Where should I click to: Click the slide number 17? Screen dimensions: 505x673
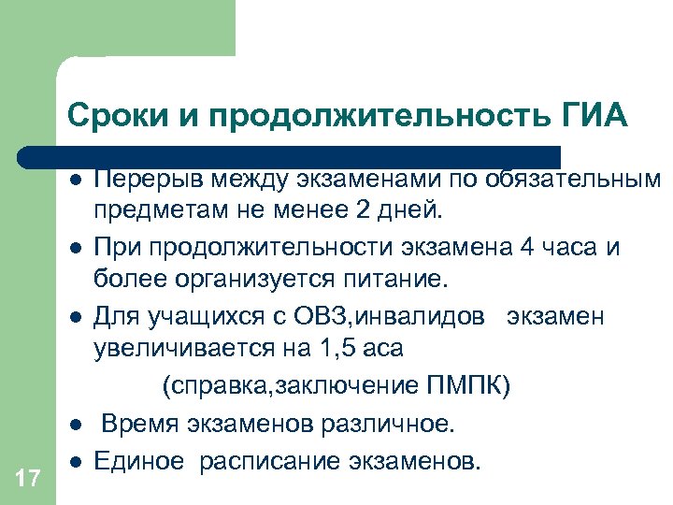pos(28,479)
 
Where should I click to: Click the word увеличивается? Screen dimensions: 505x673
pos(177,350)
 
